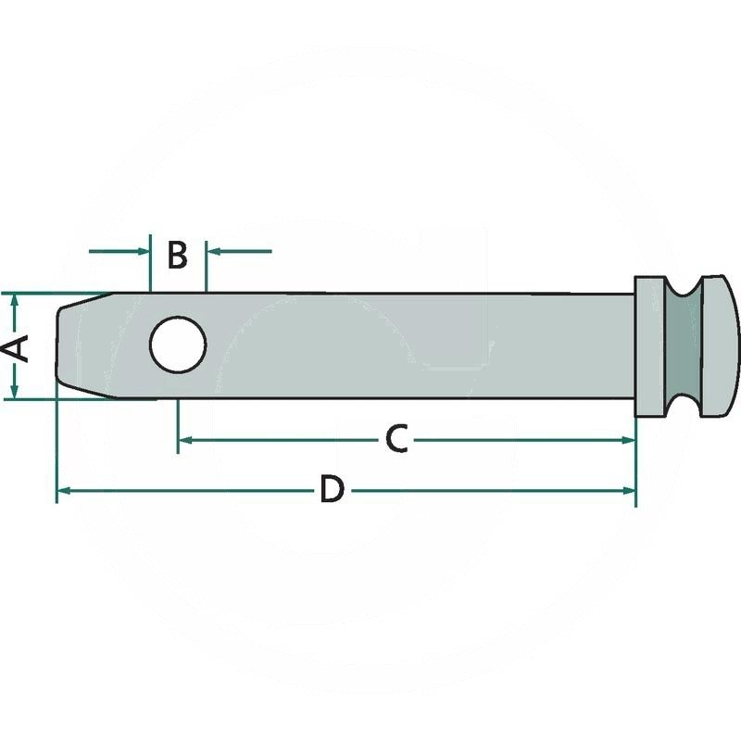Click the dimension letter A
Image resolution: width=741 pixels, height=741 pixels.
16,349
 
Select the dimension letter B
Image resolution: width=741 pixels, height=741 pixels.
178,256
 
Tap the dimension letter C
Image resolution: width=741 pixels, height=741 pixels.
396,439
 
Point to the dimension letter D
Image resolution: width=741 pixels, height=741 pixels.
333,490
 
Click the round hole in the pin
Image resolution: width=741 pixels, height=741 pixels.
178,345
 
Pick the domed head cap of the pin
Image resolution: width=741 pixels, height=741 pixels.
719,345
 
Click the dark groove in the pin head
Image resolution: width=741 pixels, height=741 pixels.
683,345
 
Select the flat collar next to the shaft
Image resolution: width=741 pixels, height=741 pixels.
651,345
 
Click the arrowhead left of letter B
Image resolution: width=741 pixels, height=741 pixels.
144,251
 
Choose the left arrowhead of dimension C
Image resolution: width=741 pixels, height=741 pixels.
184,441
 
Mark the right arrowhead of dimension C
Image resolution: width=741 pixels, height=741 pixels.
629,441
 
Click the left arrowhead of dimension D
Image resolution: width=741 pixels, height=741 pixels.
64,491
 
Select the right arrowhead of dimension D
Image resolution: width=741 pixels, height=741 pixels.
629,491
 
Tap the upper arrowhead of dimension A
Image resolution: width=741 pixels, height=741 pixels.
15,300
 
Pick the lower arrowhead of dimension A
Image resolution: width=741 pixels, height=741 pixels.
15,391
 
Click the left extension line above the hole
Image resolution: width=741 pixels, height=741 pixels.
150,263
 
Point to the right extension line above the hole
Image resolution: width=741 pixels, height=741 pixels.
206,267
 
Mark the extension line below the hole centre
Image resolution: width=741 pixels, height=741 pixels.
178,426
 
